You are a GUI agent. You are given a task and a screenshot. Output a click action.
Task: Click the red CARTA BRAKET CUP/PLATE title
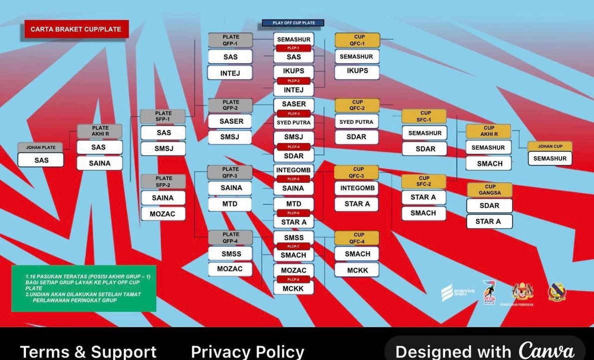(76, 29)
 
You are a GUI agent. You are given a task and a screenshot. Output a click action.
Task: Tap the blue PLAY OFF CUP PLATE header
(293, 23)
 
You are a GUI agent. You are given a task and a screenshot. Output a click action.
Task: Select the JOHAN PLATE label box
(40, 147)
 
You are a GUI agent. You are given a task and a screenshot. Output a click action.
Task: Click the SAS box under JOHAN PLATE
(41, 160)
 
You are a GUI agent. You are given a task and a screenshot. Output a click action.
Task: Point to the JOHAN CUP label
(550, 146)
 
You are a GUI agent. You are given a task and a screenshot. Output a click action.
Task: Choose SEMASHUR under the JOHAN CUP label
(550, 158)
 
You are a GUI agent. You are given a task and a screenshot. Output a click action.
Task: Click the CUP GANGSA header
(490, 189)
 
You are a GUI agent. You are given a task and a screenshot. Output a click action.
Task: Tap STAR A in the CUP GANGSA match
(489, 221)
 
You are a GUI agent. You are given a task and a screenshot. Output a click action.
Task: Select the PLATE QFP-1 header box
(230, 40)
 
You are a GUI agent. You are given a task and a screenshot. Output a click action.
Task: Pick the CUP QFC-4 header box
(357, 237)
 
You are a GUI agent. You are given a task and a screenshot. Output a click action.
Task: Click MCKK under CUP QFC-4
(357, 270)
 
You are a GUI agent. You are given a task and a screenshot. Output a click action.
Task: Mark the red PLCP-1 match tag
(293, 48)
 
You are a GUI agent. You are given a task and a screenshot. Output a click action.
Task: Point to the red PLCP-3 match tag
(293, 113)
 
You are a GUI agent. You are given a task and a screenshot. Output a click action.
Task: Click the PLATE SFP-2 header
(163, 181)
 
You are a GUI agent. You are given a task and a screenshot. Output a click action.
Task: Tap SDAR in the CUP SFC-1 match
(424, 148)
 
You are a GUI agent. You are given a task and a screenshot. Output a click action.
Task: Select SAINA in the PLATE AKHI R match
(99, 163)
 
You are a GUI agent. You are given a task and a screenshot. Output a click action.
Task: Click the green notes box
(83, 288)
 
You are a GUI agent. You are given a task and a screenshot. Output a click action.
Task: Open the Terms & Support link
(88, 351)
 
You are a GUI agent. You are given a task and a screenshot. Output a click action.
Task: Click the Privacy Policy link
(247, 351)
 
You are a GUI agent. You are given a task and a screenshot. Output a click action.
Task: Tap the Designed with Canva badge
(485, 350)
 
